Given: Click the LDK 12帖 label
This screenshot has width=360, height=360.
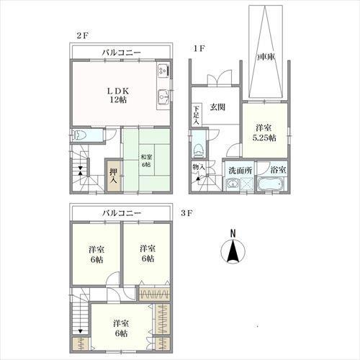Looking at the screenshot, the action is click(x=118, y=95).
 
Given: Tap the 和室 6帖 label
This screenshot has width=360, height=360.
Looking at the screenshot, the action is click(x=145, y=161).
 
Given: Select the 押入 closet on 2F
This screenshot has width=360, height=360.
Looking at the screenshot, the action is click(x=113, y=176).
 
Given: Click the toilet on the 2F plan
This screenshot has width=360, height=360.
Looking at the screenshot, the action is click(x=79, y=135).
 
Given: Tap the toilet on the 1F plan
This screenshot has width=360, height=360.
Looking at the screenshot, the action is click(x=199, y=150).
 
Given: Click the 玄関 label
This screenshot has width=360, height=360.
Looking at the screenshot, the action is click(x=217, y=107).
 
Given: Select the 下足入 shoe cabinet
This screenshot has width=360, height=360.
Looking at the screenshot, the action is click(x=197, y=114).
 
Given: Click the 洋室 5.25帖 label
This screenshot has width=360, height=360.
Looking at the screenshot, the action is click(x=265, y=132).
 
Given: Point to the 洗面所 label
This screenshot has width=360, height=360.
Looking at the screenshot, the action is click(x=240, y=171).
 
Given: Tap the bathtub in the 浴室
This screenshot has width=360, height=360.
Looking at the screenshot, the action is click(x=271, y=184).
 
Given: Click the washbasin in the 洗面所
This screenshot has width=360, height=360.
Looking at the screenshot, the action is click(x=232, y=184).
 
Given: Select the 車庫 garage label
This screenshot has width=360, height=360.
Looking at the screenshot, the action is click(x=266, y=57).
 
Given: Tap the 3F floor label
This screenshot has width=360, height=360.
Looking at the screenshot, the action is click(x=186, y=213).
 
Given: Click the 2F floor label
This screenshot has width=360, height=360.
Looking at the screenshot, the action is click(x=82, y=36).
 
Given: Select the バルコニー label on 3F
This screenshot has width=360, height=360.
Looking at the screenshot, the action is click(x=122, y=212).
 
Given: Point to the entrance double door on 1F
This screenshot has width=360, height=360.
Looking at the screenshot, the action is click(x=220, y=77).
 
